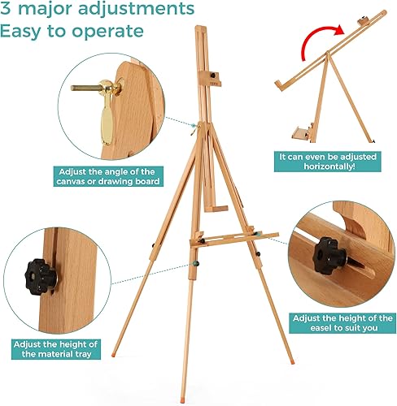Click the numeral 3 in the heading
[7, 11]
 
